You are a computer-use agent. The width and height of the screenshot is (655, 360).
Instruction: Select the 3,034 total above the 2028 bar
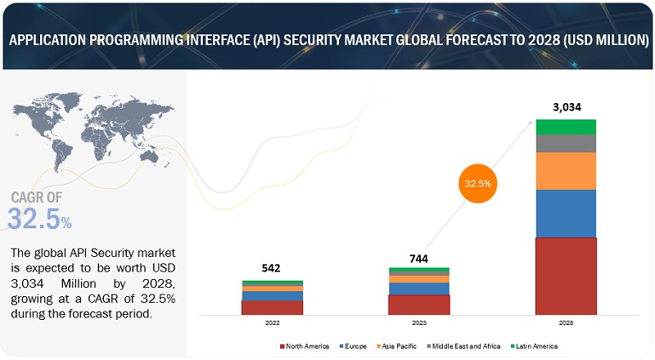(566, 106)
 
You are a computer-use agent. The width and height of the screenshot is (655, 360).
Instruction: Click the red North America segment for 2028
(566, 276)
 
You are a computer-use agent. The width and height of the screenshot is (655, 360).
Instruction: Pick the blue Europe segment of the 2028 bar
(566, 213)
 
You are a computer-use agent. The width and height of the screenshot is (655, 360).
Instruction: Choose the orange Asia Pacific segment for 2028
(566, 170)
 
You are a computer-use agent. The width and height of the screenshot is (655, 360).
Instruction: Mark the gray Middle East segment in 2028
(566, 143)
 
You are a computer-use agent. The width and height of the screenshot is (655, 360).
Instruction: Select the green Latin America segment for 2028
(566, 127)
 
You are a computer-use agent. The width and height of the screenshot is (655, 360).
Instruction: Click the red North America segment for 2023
(418, 304)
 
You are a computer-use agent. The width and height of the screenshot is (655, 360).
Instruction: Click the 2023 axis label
(418, 324)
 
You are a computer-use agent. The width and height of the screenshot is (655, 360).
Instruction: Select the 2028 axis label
(566, 324)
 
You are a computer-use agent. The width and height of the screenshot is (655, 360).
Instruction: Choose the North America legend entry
(304, 346)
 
